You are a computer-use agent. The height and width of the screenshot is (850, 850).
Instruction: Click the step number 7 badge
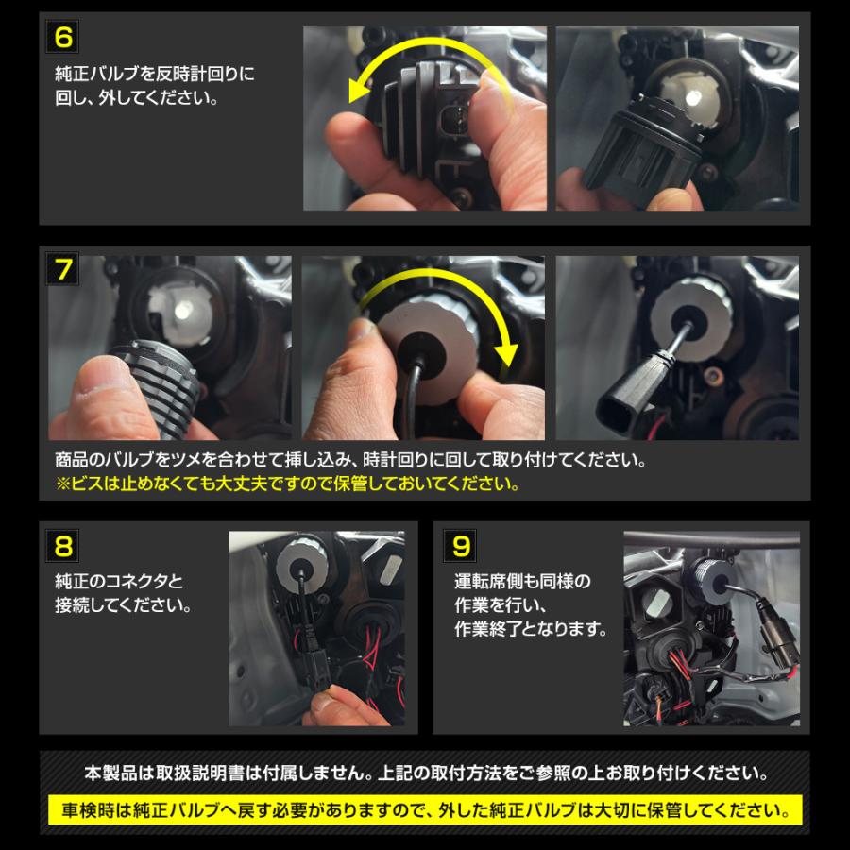coord(64,270)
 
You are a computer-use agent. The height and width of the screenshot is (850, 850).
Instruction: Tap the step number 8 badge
coord(64,545)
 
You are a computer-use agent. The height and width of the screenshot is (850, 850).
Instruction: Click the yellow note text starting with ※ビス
coord(288,485)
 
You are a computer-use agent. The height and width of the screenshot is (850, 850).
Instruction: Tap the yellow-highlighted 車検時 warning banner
coord(424,810)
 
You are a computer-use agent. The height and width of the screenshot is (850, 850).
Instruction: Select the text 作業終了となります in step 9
coord(532,628)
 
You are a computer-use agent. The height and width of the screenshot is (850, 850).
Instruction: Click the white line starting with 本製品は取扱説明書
coord(424,774)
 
